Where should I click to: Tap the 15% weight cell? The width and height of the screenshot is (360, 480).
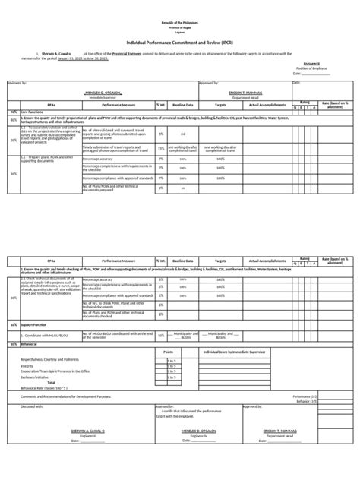(160, 149)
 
